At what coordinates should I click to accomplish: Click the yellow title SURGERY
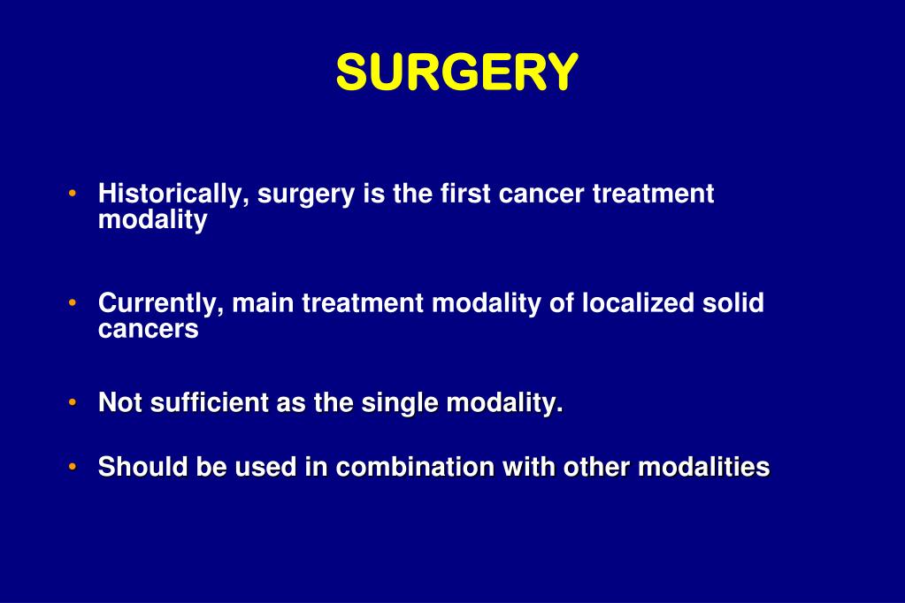tap(456, 73)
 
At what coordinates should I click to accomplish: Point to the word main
tap(264, 303)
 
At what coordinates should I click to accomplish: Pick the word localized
tap(638, 303)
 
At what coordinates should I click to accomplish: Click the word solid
tap(733, 303)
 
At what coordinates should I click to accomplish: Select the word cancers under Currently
tap(149, 330)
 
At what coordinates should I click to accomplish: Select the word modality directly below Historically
tap(152, 220)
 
